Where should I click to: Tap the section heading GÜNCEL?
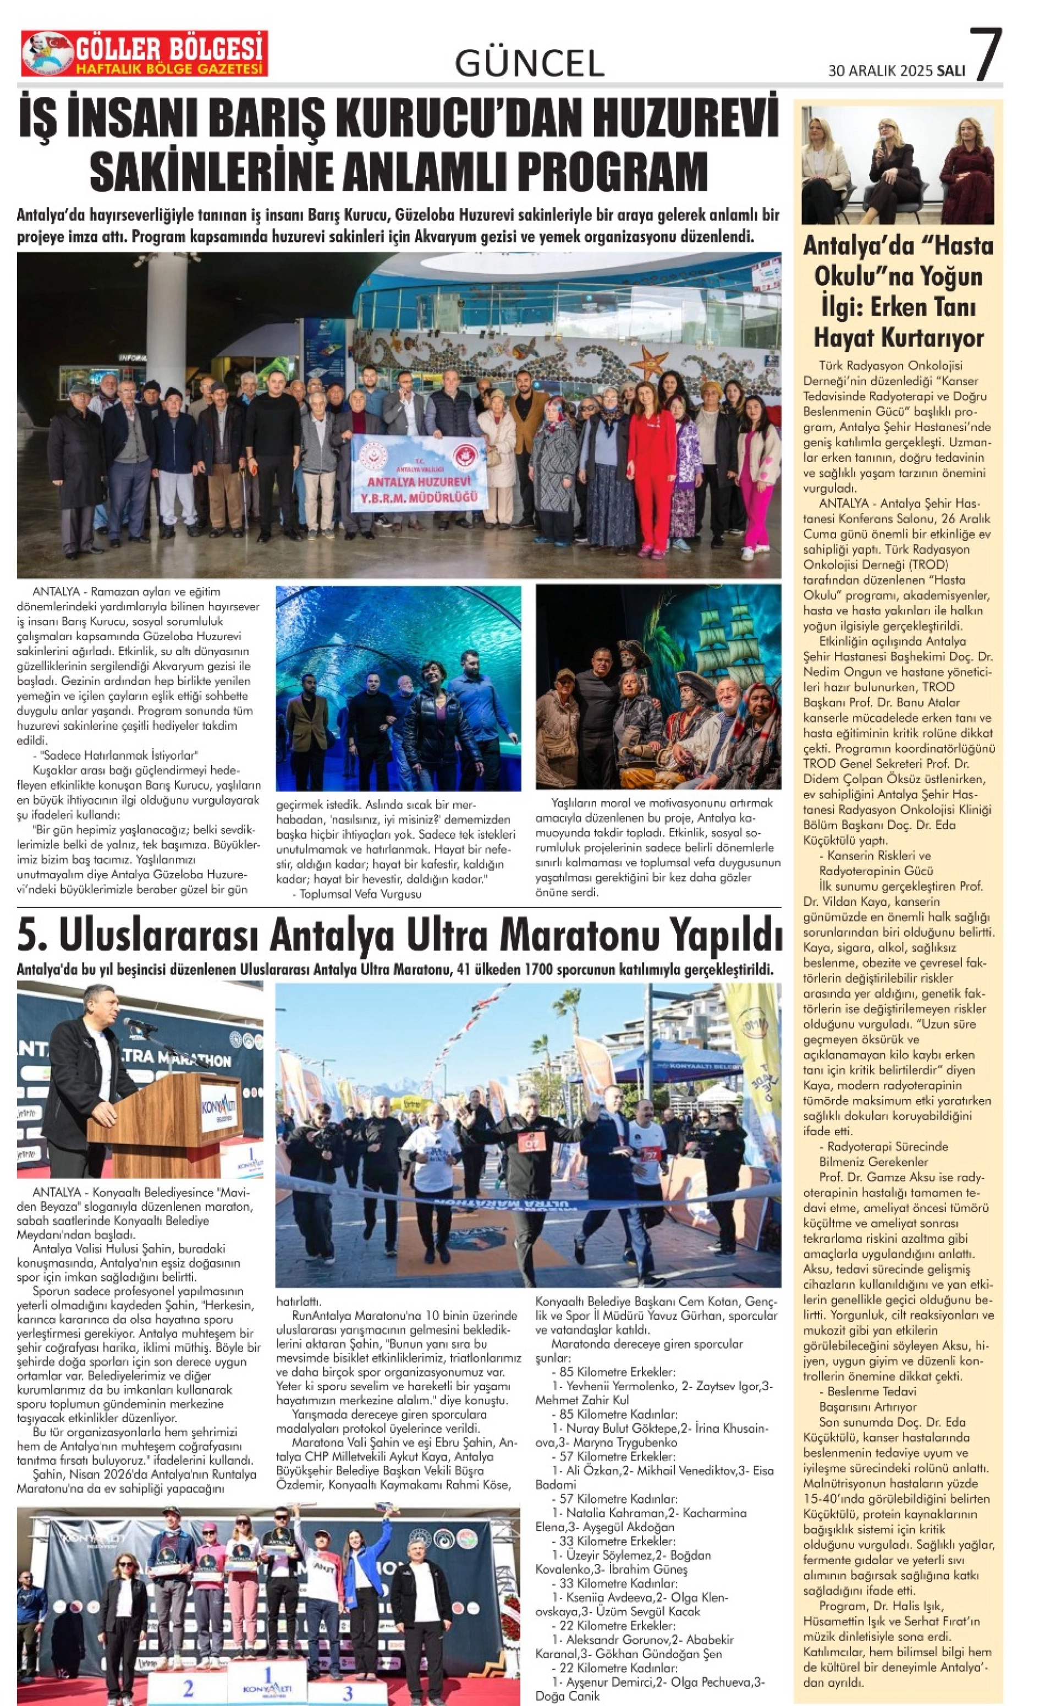point(529,64)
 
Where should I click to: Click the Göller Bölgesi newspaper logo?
point(144,54)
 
